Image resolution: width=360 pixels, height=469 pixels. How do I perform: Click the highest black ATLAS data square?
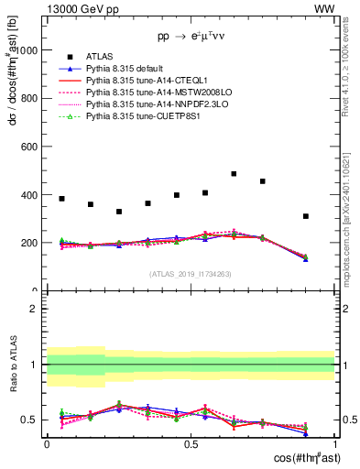(234, 173)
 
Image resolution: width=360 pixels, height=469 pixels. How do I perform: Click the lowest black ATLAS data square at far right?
(306, 216)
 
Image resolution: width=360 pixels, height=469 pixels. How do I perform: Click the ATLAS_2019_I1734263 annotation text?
(191, 274)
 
